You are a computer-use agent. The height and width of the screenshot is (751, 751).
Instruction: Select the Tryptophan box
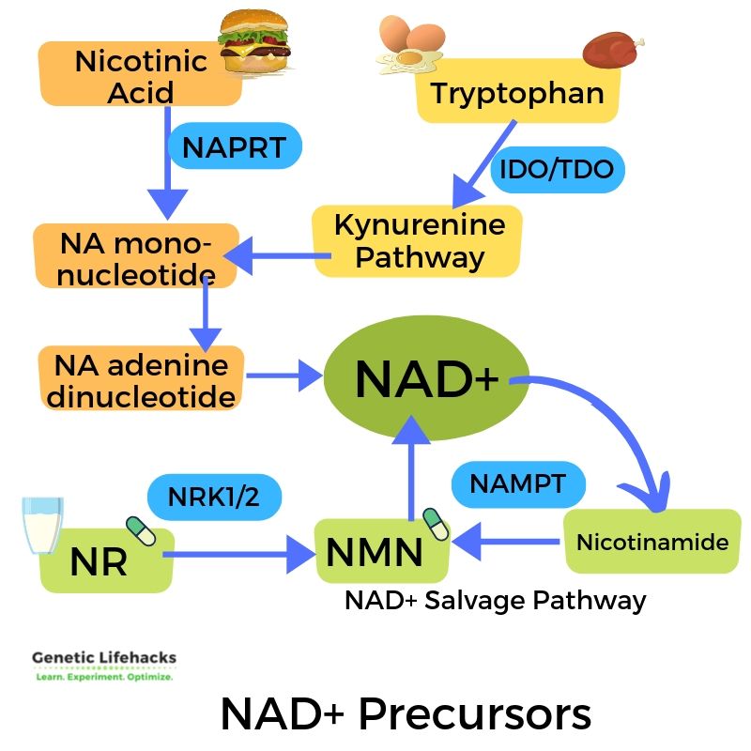516,94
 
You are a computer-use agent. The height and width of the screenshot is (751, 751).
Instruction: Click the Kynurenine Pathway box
417,241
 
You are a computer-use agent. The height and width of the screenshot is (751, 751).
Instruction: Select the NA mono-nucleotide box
136,256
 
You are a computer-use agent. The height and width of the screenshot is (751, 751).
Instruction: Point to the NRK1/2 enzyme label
214,498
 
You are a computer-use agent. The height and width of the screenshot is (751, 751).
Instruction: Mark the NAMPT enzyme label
518,484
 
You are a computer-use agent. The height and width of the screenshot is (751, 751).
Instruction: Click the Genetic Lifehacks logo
104,666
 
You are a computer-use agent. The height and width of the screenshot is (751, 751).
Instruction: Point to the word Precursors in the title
475,713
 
